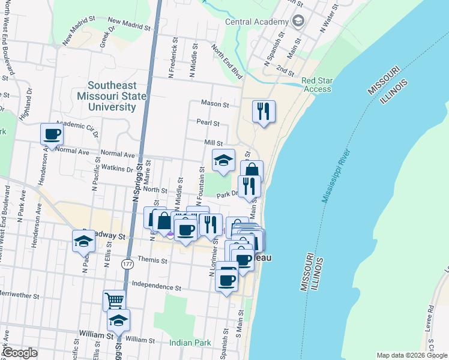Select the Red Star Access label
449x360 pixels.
pyautogui.click(x=316, y=85)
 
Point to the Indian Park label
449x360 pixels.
pyautogui.click(x=190, y=343)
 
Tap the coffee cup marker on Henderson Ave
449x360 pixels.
pyautogui.click(x=52, y=134)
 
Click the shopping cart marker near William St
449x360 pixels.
pyautogui.click(x=113, y=300)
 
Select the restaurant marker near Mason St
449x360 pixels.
pyautogui.click(x=264, y=111)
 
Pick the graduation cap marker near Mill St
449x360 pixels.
pyautogui.click(x=223, y=160)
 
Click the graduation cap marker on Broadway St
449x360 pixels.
pyautogui.click(x=83, y=242)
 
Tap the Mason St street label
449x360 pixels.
pyautogui.click(x=215, y=104)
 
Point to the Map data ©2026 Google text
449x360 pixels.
pyautogui.click(x=411, y=355)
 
